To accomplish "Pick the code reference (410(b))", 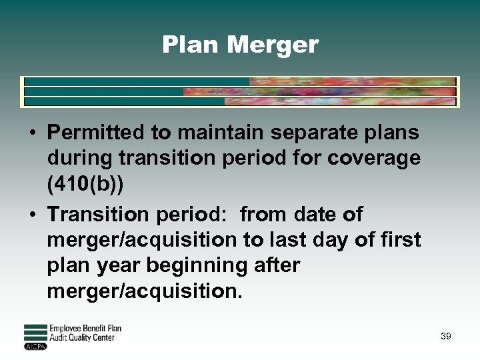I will coord(85,183).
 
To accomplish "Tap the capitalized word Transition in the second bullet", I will coord(94,215).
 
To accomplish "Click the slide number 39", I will coord(445,337).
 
